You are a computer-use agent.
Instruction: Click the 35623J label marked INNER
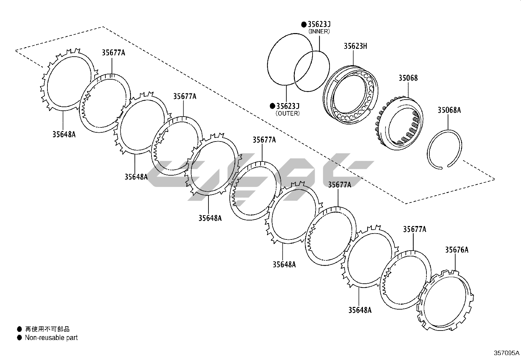(x=319, y=24)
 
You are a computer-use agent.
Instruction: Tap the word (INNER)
(x=319, y=31)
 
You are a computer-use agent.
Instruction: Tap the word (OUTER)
(x=288, y=113)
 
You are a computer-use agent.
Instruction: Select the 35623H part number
(x=355, y=46)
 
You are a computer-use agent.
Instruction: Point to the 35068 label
(x=408, y=78)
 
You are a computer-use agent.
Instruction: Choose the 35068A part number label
(x=449, y=110)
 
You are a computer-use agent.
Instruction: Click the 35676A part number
(x=457, y=250)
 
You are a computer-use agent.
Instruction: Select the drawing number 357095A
(x=506, y=353)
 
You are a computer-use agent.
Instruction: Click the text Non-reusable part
(x=51, y=338)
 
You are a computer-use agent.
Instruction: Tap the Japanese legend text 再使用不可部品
(x=47, y=329)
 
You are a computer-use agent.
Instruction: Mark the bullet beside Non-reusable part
(x=20, y=338)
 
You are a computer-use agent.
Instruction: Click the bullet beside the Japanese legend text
(x=20, y=329)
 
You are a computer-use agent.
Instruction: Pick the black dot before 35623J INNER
(x=304, y=24)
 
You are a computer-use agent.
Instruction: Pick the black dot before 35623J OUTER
(x=272, y=106)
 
